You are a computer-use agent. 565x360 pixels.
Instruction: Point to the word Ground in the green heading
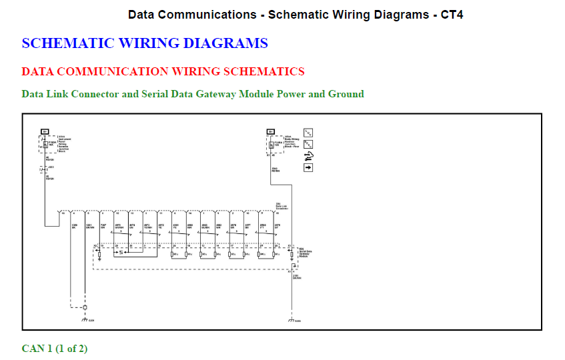(346, 94)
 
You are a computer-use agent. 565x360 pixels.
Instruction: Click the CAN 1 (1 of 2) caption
(55, 349)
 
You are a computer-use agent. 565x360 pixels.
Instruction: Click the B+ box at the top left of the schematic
(45, 131)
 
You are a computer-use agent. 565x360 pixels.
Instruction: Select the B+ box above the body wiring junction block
(270, 131)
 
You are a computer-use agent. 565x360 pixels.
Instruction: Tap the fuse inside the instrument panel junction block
(45, 143)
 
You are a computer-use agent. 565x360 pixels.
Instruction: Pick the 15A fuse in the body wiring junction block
(270, 143)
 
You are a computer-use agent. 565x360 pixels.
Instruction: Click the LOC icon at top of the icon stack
(308, 132)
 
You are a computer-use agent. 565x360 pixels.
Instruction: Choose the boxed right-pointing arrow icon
(308, 167)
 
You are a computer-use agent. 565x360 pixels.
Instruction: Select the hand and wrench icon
(308, 155)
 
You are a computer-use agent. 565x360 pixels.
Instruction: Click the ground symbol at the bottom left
(85, 320)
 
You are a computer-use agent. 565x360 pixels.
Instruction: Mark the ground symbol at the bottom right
(291, 320)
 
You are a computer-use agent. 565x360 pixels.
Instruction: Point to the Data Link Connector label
(281, 207)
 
